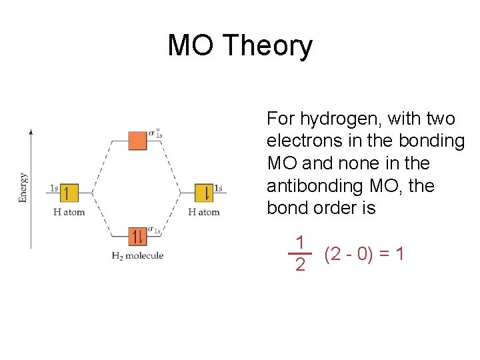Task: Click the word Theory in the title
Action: click(x=268, y=46)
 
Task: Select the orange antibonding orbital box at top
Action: click(x=137, y=141)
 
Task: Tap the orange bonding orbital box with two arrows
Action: click(x=137, y=236)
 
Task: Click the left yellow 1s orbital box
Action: click(x=69, y=193)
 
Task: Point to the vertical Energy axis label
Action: click(x=23, y=187)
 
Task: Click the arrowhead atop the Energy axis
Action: click(x=31, y=131)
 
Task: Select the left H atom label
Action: click(x=69, y=212)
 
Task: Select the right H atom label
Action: click(x=204, y=212)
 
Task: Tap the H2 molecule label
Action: click(x=137, y=256)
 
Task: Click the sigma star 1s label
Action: click(x=155, y=133)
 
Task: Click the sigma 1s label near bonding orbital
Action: click(x=155, y=230)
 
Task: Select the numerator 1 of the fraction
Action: click(x=300, y=242)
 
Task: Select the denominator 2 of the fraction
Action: click(x=300, y=265)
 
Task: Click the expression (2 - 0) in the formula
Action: click(x=348, y=254)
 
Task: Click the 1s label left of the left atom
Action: click(x=54, y=188)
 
